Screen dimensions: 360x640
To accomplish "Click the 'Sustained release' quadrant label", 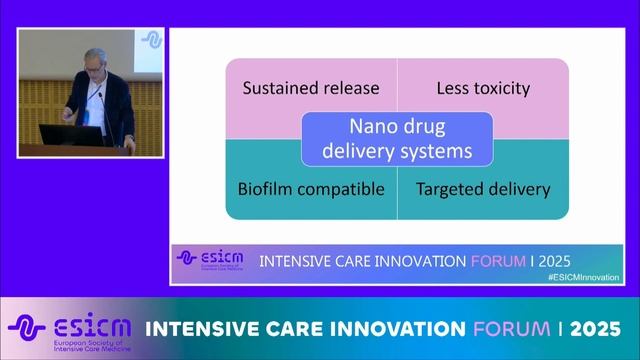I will [x=311, y=88].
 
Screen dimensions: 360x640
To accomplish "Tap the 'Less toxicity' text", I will [x=483, y=88].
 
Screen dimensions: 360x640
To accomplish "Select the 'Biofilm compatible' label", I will [x=311, y=188].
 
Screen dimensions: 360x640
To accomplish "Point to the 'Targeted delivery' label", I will [x=483, y=188].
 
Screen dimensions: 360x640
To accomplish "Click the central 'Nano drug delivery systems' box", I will [x=397, y=139].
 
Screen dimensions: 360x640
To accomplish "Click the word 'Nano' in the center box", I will [x=371, y=128].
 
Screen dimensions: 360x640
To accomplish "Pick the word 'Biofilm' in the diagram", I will [x=265, y=188].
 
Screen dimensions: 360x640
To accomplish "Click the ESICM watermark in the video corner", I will [x=152, y=40].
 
